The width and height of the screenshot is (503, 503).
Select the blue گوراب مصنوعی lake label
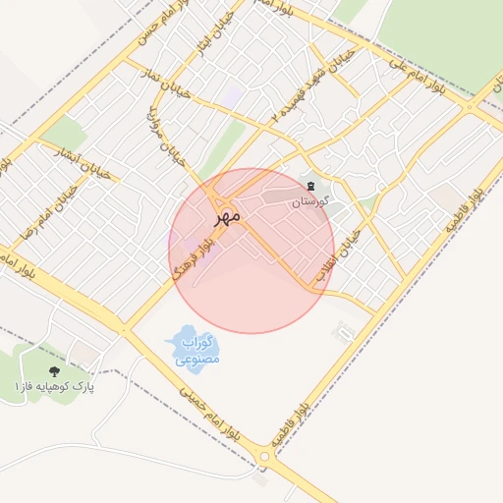[198, 351]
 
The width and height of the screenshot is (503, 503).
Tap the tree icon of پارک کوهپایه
[53, 371]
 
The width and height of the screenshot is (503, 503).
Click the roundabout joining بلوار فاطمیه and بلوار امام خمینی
[264, 454]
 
